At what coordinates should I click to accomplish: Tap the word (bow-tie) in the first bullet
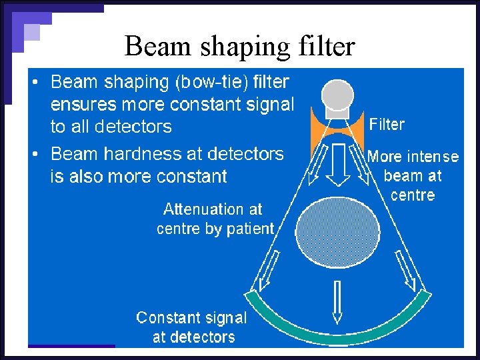[x=211, y=82]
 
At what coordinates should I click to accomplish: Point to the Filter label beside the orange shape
[x=387, y=125]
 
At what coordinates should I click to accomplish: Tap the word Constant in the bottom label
[x=166, y=318]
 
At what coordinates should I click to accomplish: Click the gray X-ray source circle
[x=338, y=93]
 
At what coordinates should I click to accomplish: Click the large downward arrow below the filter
[x=338, y=163]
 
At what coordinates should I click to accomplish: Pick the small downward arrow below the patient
[x=337, y=301]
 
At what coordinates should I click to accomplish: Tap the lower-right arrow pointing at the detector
[x=408, y=274]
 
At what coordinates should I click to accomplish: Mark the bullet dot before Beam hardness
[x=37, y=155]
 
